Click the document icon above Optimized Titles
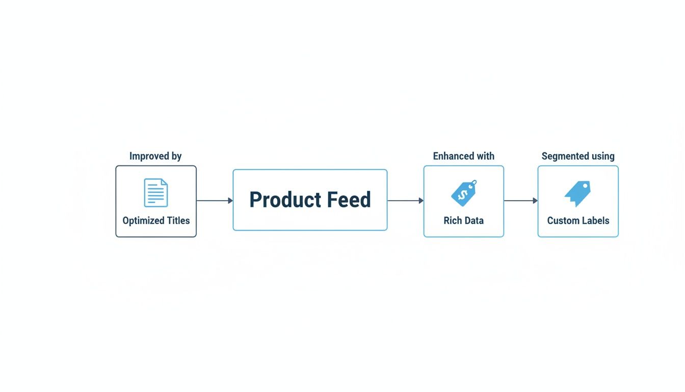(156, 192)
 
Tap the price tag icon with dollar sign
(464, 193)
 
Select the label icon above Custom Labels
(577, 193)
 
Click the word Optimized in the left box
(143, 221)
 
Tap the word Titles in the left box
(178, 220)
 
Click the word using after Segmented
(603, 157)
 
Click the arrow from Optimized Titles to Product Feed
(215, 201)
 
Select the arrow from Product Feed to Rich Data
(405, 201)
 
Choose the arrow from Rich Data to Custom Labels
(520, 201)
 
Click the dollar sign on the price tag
(462, 194)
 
